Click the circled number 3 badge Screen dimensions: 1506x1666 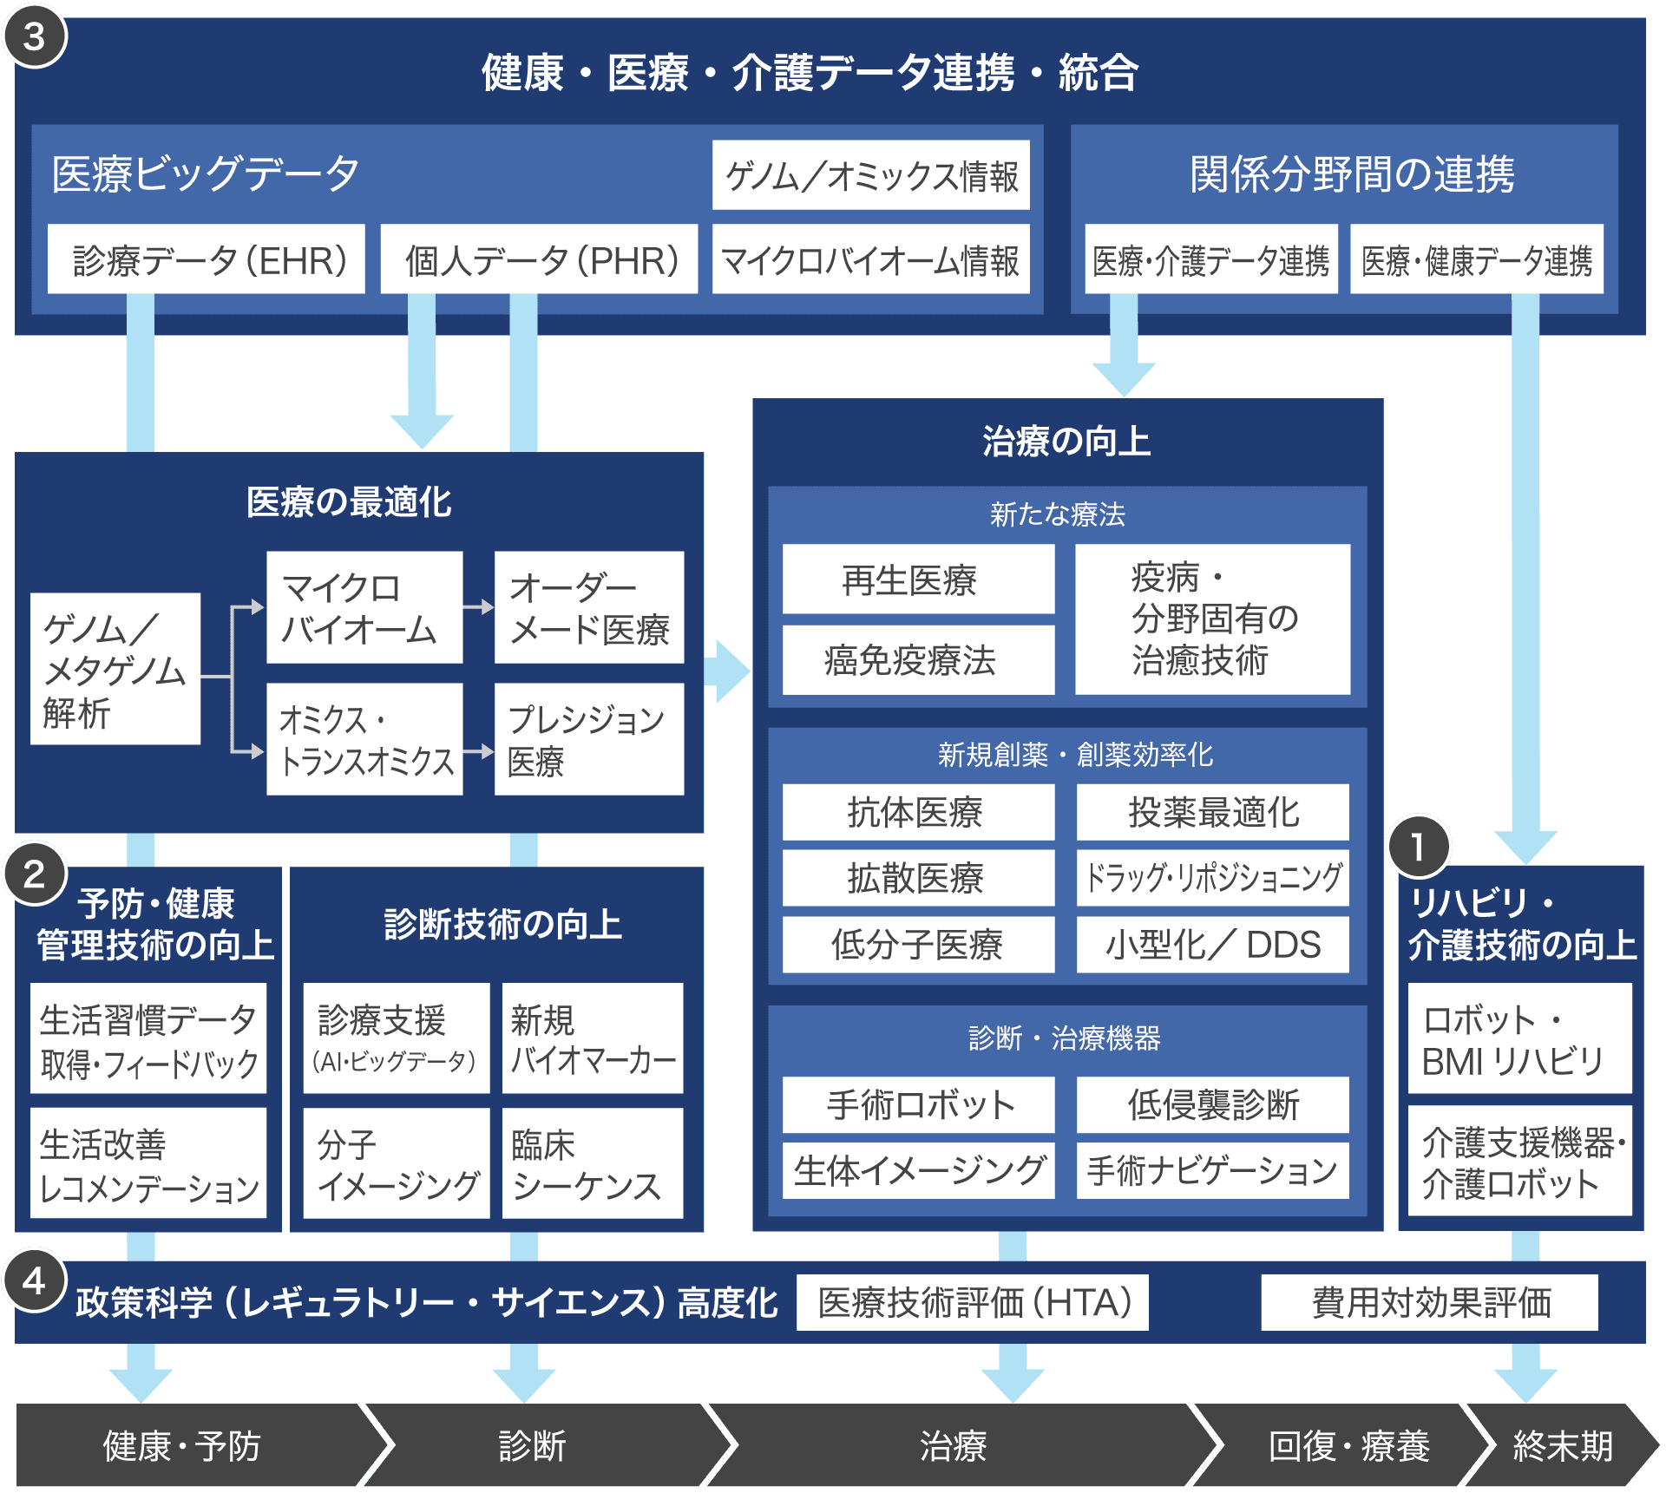[x=34, y=37]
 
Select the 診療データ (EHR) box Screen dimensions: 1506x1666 [x=207, y=259]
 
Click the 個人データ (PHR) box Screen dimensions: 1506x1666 [x=540, y=259]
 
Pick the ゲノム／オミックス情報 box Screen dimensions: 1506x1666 [x=870, y=175]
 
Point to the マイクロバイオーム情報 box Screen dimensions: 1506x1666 [x=870, y=259]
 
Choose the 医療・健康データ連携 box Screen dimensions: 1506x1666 [x=1476, y=259]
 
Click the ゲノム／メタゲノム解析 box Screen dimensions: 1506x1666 [x=115, y=669]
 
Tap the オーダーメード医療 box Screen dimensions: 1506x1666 [x=589, y=608]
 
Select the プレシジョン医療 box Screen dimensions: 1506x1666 [x=589, y=739]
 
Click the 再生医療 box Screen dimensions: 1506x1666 [x=917, y=579]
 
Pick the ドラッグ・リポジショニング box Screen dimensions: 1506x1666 [x=1212, y=878]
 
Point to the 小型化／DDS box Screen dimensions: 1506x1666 [x=1212, y=944]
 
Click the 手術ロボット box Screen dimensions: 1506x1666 [x=917, y=1104]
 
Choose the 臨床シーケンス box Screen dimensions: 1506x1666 [x=592, y=1163]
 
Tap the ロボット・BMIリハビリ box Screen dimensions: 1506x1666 [x=1519, y=1038]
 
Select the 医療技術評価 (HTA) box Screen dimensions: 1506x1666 [x=973, y=1302]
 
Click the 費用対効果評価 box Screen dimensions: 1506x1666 [x=1429, y=1302]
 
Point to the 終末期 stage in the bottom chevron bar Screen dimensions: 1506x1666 [x=1562, y=1446]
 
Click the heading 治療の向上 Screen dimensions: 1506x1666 [x=1066, y=442]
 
